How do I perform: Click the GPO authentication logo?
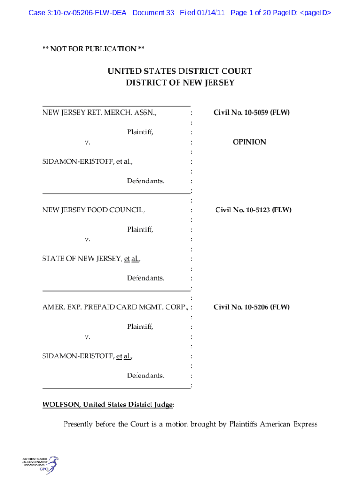click(40, 465)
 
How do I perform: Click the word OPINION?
click(249, 142)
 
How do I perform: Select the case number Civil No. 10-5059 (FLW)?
click(252, 112)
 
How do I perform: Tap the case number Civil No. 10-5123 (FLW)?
click(253, 210)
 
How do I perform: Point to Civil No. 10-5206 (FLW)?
click(252, 307)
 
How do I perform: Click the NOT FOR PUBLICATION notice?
click(93, 49)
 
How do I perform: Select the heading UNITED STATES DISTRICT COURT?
click(180, 71)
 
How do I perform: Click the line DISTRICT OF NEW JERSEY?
click(180, 82)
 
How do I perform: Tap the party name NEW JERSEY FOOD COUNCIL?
click(94, 210)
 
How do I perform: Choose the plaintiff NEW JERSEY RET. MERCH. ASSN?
click(99, 112)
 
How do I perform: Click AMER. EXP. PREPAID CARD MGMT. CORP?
click(115, 307)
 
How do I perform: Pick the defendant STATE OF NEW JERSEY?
click(82, 258)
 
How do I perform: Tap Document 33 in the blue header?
click(153, 13)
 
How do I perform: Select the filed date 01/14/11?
click(211, 13)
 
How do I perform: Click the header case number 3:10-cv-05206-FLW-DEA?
click(86, 13)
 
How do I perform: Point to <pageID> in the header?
click(316, 13)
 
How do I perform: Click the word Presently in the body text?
click(78, 424)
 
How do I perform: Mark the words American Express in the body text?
click(288, 424)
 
